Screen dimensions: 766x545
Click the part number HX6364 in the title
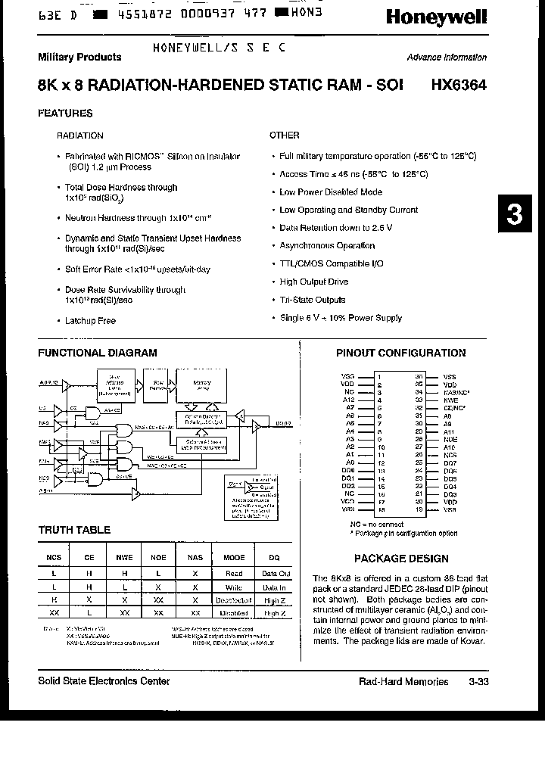point(456,86)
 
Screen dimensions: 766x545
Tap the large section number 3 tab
point(515,215)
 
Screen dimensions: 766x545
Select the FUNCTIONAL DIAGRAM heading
point(98,353)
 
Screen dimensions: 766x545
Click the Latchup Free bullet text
point(90,321)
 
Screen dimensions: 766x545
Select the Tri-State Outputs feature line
point(312,300)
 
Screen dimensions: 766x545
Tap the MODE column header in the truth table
point(234,558)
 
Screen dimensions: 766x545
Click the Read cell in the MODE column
point(234,574)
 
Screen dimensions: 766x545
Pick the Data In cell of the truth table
point(274,587)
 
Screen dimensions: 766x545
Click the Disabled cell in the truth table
point(234,614)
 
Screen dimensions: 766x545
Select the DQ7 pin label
point(450,462)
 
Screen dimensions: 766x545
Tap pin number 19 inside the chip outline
point(419,510)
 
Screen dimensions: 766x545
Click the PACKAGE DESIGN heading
point(401,559)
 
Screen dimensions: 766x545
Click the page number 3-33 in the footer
point(478,682)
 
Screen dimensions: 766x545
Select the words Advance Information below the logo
point(447,58)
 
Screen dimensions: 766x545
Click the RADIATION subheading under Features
point(80,135)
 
